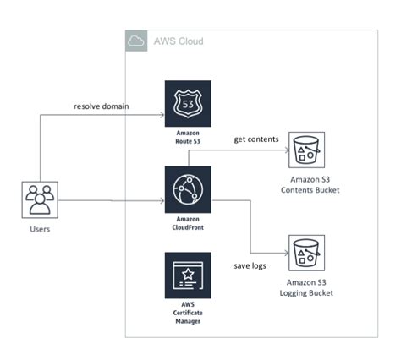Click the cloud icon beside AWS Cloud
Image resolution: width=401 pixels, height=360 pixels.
[135, 41]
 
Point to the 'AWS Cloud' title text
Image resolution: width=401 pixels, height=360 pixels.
[178, 41]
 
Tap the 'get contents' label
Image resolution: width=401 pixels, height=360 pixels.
[255, 139]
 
